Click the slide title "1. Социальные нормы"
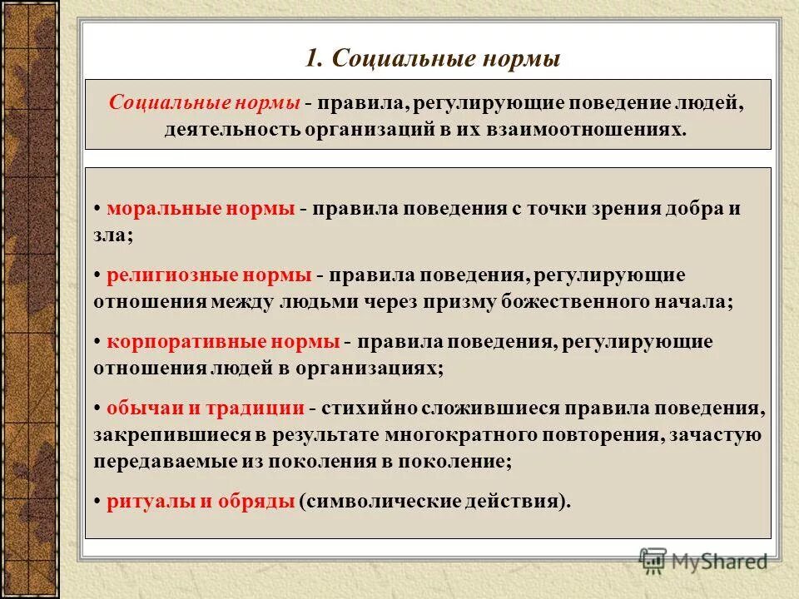click(432, 60)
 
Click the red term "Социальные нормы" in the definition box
click(205, 104)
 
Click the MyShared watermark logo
click(703, 561)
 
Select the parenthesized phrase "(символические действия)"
click(434, 501)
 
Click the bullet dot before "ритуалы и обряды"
click(97, 502)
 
